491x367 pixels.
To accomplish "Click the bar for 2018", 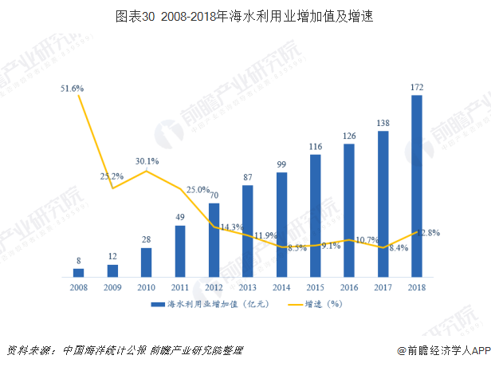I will [x=417, y=187].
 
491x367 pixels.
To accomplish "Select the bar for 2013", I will [x=248, y=231].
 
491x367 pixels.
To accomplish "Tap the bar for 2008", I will [x=79, y=273].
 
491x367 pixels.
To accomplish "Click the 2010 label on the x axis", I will [x=146, y=287].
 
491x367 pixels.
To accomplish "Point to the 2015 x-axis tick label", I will [x=315, y=287].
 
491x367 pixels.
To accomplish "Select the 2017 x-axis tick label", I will [x=383, y=287].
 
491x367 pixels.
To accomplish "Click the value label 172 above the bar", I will [x=417, y=86].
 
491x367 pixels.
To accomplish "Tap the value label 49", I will [x=180, y=216].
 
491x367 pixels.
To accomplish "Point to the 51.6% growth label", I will [x=73, y=89].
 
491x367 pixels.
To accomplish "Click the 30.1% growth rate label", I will [x=147, y=161].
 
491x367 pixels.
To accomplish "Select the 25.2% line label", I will [x=111, y=176].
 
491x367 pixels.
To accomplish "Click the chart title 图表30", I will [x=245, y=14].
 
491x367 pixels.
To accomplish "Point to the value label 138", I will [x=383, y=122].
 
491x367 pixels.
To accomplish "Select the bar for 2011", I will [x=180, y=251].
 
